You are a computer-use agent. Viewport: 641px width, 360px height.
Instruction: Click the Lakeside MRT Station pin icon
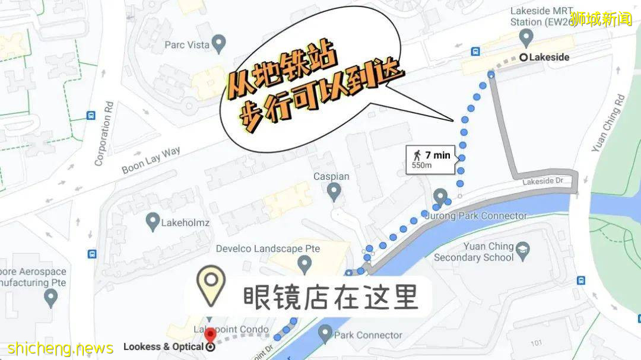click(526, 38)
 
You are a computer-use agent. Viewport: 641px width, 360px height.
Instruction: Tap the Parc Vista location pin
click(220, 43)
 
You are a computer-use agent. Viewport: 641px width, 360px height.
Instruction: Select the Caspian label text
click(331, 177)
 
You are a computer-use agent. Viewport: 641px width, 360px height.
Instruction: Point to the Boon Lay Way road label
click(151, 160)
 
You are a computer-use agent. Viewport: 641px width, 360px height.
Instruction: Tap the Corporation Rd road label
click(103, 139)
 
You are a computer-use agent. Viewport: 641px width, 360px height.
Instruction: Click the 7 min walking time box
click(431, 160)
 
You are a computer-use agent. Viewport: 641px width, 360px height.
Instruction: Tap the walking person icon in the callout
click(417, 155)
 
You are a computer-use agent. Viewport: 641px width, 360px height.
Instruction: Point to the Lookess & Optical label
click(163, 347)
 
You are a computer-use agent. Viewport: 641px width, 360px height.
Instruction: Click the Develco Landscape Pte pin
click(304, 262)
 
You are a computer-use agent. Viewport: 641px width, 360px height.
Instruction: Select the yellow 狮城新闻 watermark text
click(601, 19)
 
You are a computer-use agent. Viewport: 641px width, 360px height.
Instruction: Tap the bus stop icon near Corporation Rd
click(91, 116)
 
